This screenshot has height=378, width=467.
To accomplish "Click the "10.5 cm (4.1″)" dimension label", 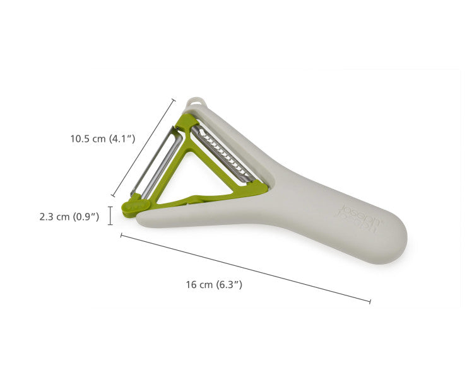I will [102, 139].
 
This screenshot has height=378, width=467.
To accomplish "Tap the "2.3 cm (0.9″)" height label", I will [69, 216].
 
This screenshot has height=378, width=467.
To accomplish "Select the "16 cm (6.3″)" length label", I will [214, 284].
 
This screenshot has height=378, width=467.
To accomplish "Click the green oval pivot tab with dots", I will [134, 206].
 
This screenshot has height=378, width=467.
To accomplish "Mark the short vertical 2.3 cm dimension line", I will [111, 215].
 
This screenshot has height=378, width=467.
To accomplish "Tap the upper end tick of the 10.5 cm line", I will [174, 99].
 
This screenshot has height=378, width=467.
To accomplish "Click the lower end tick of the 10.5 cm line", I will [113, 196].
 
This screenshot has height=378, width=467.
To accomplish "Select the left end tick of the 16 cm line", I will [121, 236].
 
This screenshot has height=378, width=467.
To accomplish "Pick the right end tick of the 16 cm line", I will [370, 302].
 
